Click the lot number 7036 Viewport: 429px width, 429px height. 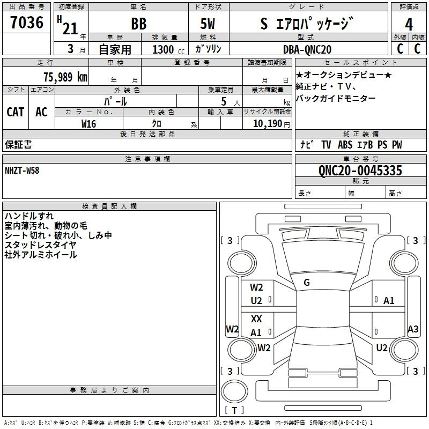click(27, 23)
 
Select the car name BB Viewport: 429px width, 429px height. click(139, 24)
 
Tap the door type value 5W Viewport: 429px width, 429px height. click(208, 24)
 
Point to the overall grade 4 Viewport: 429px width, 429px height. click(409, 25)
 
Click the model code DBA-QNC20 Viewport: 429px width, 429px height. click(307, 49)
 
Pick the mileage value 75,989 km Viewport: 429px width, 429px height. click(65, 77)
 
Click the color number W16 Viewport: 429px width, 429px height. click(88, 124)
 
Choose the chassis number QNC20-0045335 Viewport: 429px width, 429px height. click(360, 171)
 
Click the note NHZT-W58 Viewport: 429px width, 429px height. click(22, 171)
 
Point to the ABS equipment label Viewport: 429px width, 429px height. click(345, 145)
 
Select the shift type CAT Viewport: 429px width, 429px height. click(16, 112)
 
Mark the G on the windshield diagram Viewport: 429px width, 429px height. click(307, 283)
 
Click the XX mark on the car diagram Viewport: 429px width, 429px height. click(256, 319)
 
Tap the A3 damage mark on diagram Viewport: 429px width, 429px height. click(413, 329)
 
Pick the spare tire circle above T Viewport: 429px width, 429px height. click(234, 391)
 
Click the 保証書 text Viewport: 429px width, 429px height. click(18, 145)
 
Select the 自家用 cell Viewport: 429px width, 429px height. click(115, 49)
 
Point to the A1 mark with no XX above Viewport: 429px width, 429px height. click(389, 301)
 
